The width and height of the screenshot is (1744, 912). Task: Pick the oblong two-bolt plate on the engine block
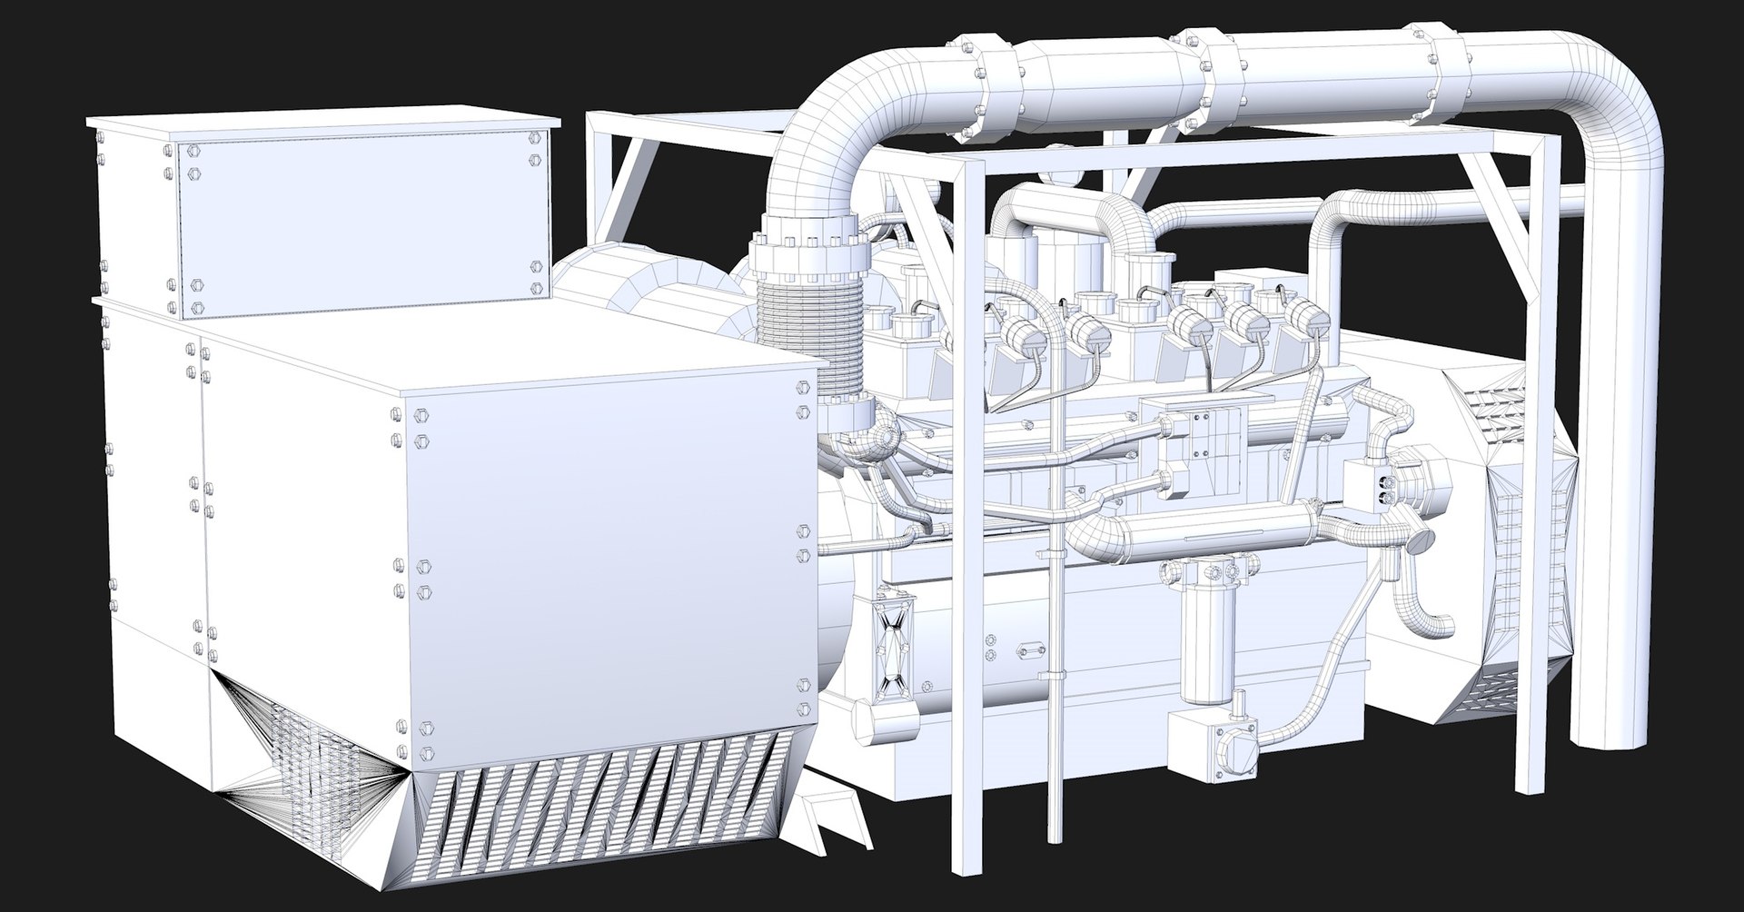coord(1029,650)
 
